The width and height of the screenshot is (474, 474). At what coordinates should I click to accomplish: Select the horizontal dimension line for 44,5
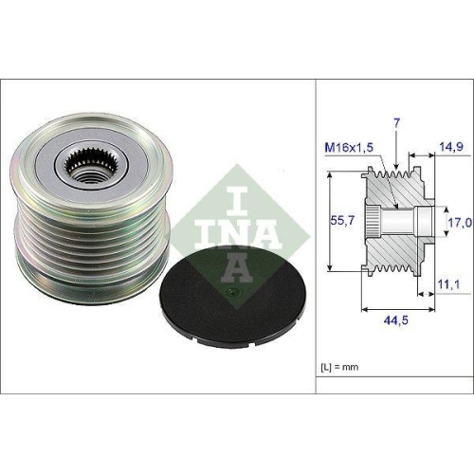pyautogui.click(x=398, y=308)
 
